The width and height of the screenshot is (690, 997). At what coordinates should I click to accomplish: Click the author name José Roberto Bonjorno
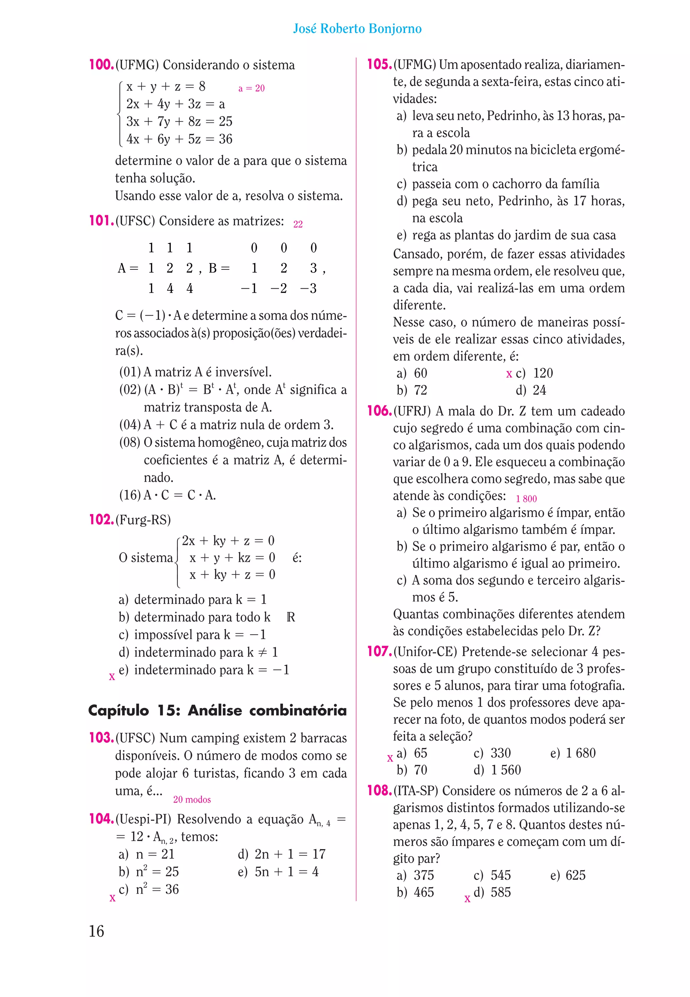(357, 29)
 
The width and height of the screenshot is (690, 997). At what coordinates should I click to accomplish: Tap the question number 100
(101, 65)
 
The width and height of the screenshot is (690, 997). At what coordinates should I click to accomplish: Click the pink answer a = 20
(251, 88)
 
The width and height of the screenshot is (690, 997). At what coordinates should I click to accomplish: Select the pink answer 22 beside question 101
(298, 224)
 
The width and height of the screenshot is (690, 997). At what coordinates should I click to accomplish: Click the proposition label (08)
(130, 442)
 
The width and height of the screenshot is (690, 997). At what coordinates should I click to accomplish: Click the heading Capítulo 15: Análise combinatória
(217, 710)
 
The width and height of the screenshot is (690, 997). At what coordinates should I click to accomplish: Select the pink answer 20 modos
(192, 800)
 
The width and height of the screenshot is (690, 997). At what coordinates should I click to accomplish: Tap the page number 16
(96, 931)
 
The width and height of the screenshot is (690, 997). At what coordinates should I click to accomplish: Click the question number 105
(379, 65)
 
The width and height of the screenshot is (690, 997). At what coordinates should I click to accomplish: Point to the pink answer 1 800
(526, 499)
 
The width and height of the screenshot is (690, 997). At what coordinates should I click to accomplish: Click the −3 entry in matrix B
(308, 288)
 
